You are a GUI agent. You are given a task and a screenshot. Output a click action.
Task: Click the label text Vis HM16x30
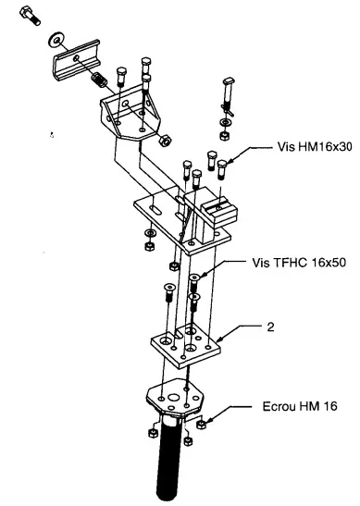coord(315,147)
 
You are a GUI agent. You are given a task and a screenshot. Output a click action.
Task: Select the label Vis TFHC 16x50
coord(299,263)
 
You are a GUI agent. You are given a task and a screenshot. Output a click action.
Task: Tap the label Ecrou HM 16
coord(300,406)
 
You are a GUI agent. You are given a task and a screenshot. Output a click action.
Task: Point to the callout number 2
coord(270,327)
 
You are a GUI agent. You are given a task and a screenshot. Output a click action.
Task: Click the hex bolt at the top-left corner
coord(30,16)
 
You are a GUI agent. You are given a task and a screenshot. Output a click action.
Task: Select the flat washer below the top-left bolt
coord(57,40)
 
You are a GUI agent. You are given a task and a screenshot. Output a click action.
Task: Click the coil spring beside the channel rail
coord(99,80)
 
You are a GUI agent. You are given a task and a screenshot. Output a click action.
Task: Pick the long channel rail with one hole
coord(77,60)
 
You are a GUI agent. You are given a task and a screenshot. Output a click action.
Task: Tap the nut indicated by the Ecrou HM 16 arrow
coord(201,424)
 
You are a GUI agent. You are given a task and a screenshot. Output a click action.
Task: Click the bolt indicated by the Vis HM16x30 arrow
coord(221,169)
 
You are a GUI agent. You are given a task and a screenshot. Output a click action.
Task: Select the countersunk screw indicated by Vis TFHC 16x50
coord(194,282)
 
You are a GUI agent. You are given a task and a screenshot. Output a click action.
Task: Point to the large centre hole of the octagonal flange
coord(175,397)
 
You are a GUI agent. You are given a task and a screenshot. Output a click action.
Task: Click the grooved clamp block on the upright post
coord(219,213)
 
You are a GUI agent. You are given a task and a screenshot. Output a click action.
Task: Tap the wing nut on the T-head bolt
coord(228,109)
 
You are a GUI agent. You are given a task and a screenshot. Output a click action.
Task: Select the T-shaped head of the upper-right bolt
coord(229,80)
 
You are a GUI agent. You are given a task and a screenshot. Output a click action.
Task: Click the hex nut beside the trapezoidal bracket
coord(166,141)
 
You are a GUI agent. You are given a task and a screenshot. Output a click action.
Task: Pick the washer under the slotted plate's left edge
coord(150,232)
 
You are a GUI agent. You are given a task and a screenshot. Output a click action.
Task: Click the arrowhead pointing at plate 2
coord(220,339)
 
